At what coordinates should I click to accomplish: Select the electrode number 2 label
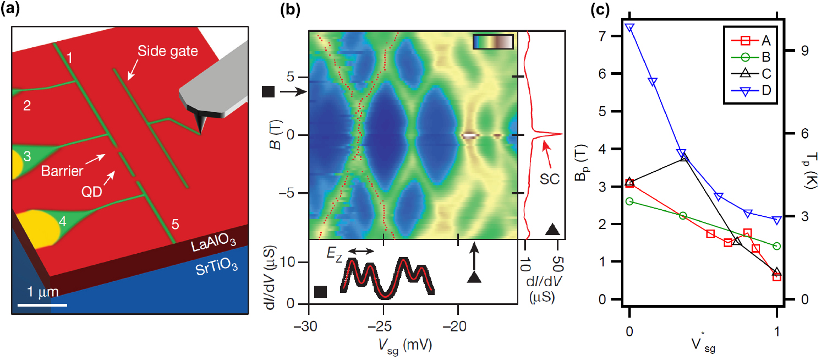tap(26, 107)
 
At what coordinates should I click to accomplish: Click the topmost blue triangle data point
tap(629, 28)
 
